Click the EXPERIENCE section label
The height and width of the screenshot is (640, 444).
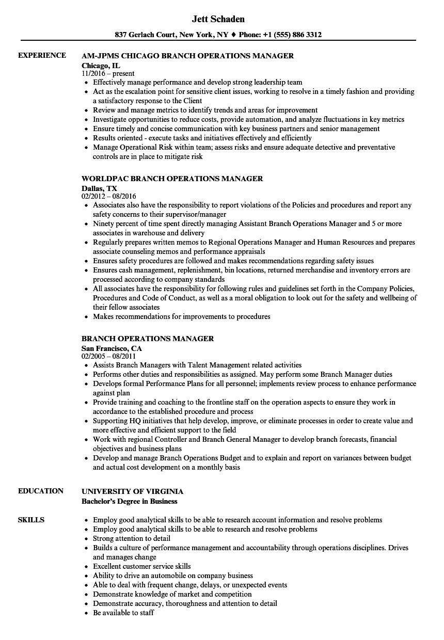42,56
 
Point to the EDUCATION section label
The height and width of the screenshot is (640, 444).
41,491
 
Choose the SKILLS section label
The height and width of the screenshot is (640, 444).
31,520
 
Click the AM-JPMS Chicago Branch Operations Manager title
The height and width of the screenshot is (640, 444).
187,56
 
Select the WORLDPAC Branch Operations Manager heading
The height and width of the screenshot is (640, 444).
172,179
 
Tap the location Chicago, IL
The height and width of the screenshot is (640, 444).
101,65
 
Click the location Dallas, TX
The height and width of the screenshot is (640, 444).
99,188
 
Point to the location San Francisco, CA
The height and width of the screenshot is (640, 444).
112,348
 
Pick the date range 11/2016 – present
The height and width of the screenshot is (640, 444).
108,73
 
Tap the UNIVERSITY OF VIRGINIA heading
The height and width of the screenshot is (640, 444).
132,491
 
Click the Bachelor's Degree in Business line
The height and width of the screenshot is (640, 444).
129,501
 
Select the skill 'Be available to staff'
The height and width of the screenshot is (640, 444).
123,613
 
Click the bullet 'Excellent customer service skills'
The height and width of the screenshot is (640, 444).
141,566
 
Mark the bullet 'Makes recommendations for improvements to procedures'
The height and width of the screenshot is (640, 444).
181,316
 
